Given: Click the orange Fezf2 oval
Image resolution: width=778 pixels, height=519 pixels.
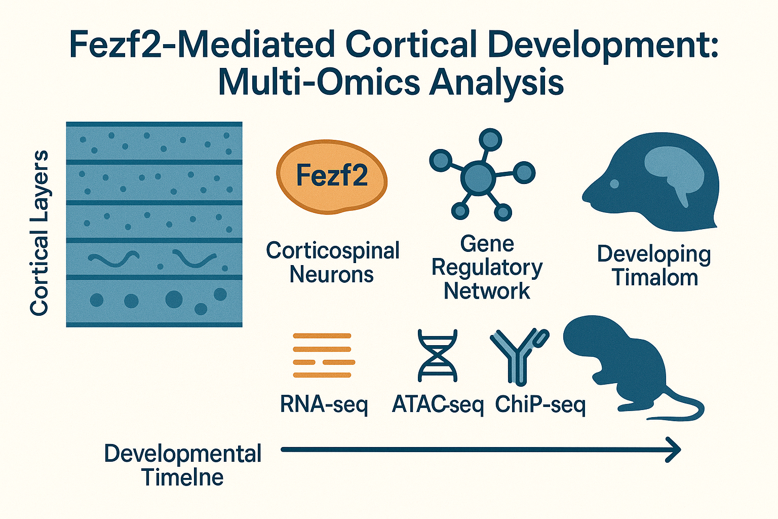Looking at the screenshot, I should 332,176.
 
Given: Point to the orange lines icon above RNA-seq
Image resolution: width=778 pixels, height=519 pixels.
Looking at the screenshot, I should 323,355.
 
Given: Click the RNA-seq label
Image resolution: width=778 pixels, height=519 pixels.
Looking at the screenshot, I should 324,404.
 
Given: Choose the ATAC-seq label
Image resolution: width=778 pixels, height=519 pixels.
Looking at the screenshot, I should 438,404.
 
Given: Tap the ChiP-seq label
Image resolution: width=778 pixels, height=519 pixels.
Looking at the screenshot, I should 540,404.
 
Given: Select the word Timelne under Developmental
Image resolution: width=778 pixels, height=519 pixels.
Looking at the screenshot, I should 182,477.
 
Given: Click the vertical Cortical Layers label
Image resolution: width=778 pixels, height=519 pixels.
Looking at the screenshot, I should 39,233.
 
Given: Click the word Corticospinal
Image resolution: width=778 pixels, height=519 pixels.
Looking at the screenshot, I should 333,250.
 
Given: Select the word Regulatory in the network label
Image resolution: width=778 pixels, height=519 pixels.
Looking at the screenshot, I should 487,267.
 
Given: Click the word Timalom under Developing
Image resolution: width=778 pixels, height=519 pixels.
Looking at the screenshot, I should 654,277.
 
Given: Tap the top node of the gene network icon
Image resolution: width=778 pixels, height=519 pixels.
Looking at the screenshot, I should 490,138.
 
